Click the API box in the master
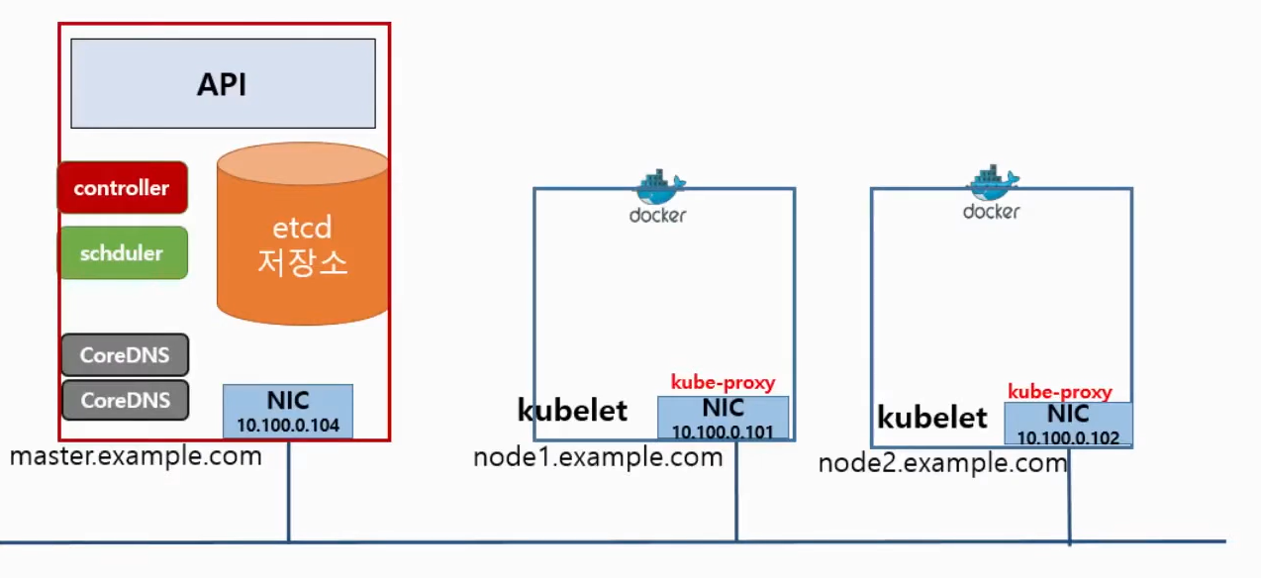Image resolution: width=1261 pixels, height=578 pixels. (x=223, y=83)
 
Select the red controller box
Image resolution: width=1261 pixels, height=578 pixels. (x=123, y=187)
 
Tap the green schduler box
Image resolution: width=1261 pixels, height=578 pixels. (x=123, y=252)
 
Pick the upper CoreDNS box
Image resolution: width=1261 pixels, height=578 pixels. (x=125, y=355)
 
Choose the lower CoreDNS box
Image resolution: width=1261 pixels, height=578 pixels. (x=125, y=401)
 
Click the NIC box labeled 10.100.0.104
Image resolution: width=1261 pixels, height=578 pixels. (x=287, y=412)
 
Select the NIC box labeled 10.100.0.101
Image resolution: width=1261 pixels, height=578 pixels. (x=723, y=418)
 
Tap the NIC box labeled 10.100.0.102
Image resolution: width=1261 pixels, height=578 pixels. (x=1068, y=424)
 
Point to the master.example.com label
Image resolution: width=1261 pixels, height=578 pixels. (x=136, y=456)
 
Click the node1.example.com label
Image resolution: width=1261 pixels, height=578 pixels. (x=598, y=457)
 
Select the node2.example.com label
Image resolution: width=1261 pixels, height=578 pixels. (x=942, y=462)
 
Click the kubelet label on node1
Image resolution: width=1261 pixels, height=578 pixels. (x=572, y=410)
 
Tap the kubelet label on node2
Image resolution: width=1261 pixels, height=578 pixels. (x=931, y=418)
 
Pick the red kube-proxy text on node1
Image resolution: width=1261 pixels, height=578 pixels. (x=723, y=382)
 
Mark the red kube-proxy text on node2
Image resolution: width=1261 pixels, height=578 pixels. (x=1059, y=392)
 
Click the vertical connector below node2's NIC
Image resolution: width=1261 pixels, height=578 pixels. (x=1069, y=495)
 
